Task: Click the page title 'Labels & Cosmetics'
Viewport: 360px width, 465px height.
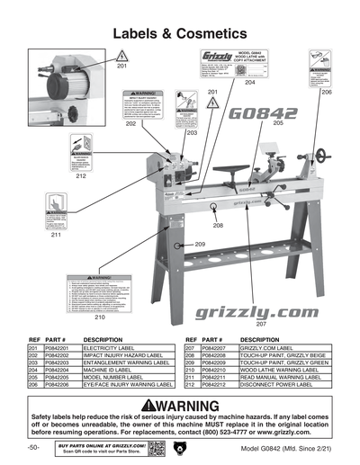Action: coord(180,33)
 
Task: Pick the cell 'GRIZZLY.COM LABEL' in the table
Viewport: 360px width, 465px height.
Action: coord(271,346)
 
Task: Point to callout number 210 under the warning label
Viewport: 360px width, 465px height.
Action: coord(100,317)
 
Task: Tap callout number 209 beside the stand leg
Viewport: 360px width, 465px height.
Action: coord(200,245)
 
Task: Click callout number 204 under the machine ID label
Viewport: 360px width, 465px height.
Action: coord(249,82)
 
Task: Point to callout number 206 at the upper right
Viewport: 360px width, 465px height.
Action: coord(327,93)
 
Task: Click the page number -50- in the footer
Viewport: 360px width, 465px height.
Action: coord(33,448)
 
